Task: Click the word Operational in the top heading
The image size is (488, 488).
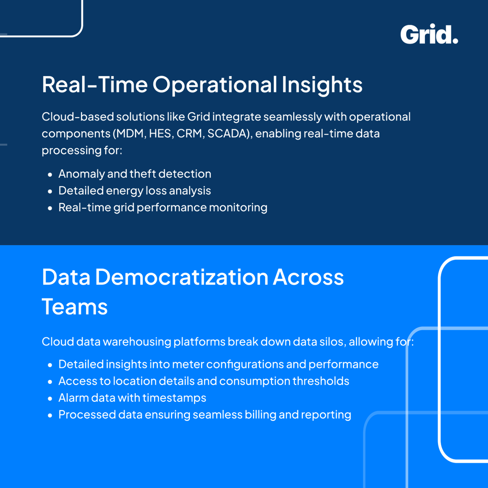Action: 215,85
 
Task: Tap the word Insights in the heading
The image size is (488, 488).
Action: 322,85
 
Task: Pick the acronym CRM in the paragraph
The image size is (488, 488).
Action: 189,134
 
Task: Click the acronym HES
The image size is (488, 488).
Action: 160,134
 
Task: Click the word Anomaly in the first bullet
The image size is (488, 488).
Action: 81,174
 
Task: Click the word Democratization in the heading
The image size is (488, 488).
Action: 181,277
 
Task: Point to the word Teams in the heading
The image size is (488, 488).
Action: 75,307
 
